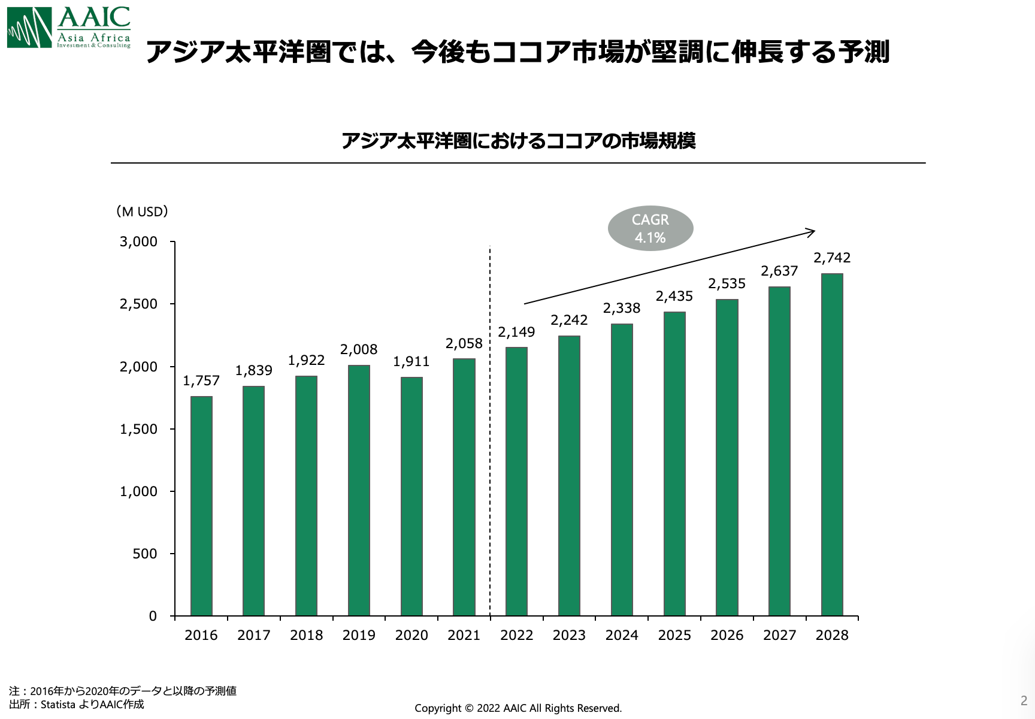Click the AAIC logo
pyautogui.click(x=69, y=28)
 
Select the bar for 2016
pyautogui.click(x=201, y=506)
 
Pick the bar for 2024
pyautogui.click(x=622, y=470)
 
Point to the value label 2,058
pyautogui.click(x=464, y=344)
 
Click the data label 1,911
pyautogui.click(x=411, y=362)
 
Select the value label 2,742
pyautogui.click(x=832, y=258)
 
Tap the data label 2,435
pyautogui.click(x=674, y=297)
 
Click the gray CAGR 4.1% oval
pyautogui.click(x=650, y=229)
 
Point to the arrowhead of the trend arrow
pyautogui.click(x=812, y=232)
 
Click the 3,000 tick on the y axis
pyautogui.click(x=138, y=242)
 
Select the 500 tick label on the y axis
pyautogui.click(x=145, y=554)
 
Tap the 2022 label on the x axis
pyautogui.click(x=516, y=636)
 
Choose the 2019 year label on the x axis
pyautogui.click(x=359, y=636)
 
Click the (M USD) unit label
pyautogui.click(x=142, y=212)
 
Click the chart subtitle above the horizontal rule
pyautogui.click(x=518, y=141)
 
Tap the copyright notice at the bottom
pyautogui.click(x=518, y=708)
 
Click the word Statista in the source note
pyautogui.click(x=58, y=705)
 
